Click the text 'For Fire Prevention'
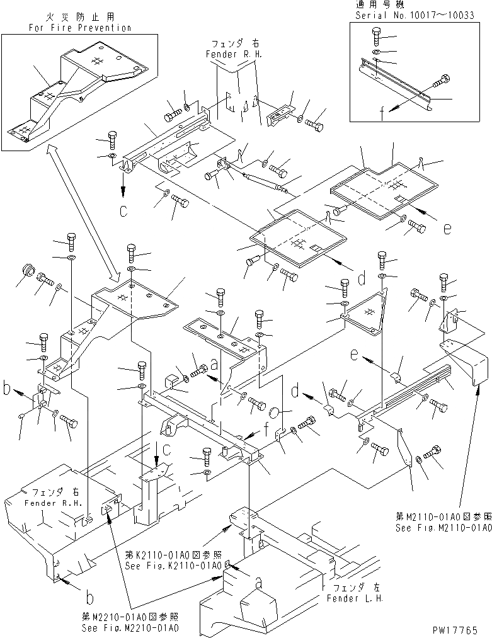pyautogui.click(x=80, y=28)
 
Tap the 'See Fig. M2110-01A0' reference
pyautogui.click(x=443, y=529)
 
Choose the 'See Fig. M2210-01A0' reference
pyautogui.click(x=129, y=629)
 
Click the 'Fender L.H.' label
pyautogui.click(x=354, y=598)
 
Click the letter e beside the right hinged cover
pyautogui.click(x=447, y=229)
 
